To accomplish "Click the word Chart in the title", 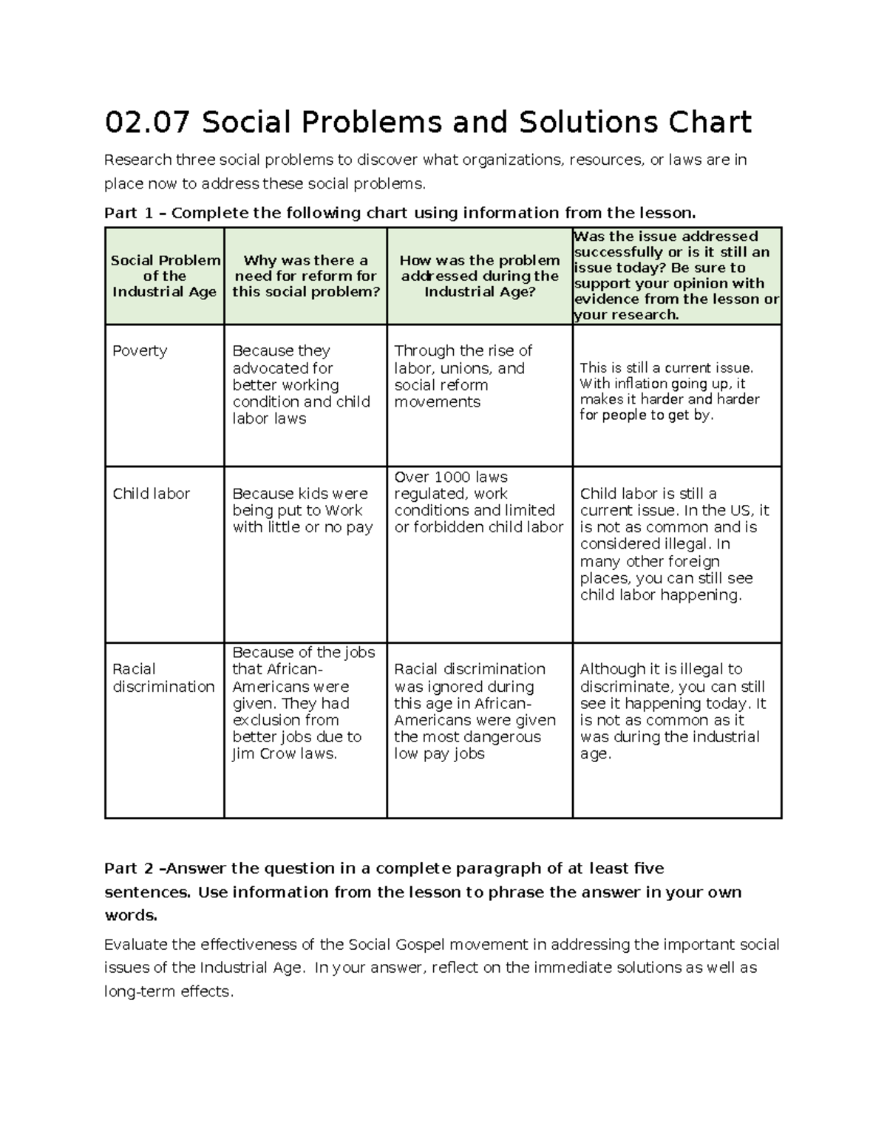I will click(x=710, y=123).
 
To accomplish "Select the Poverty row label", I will click(x=140, y=351).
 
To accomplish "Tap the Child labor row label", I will click(x=151, y=494).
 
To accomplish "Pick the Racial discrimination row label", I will click(x=163, y=678).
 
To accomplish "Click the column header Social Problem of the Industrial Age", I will click(x=165, y=276).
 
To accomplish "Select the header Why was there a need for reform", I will click(x=305, y=276).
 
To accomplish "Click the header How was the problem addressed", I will click(x=479, y=276).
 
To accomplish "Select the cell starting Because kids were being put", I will click(x=302, y=510).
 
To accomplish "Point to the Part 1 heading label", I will click(x=129, y=214).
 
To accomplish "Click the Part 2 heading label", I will click(x=129, y=869).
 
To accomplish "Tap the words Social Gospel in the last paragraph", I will click(x=392, y=945).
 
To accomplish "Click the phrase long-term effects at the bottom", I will click(x=169, y=992).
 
